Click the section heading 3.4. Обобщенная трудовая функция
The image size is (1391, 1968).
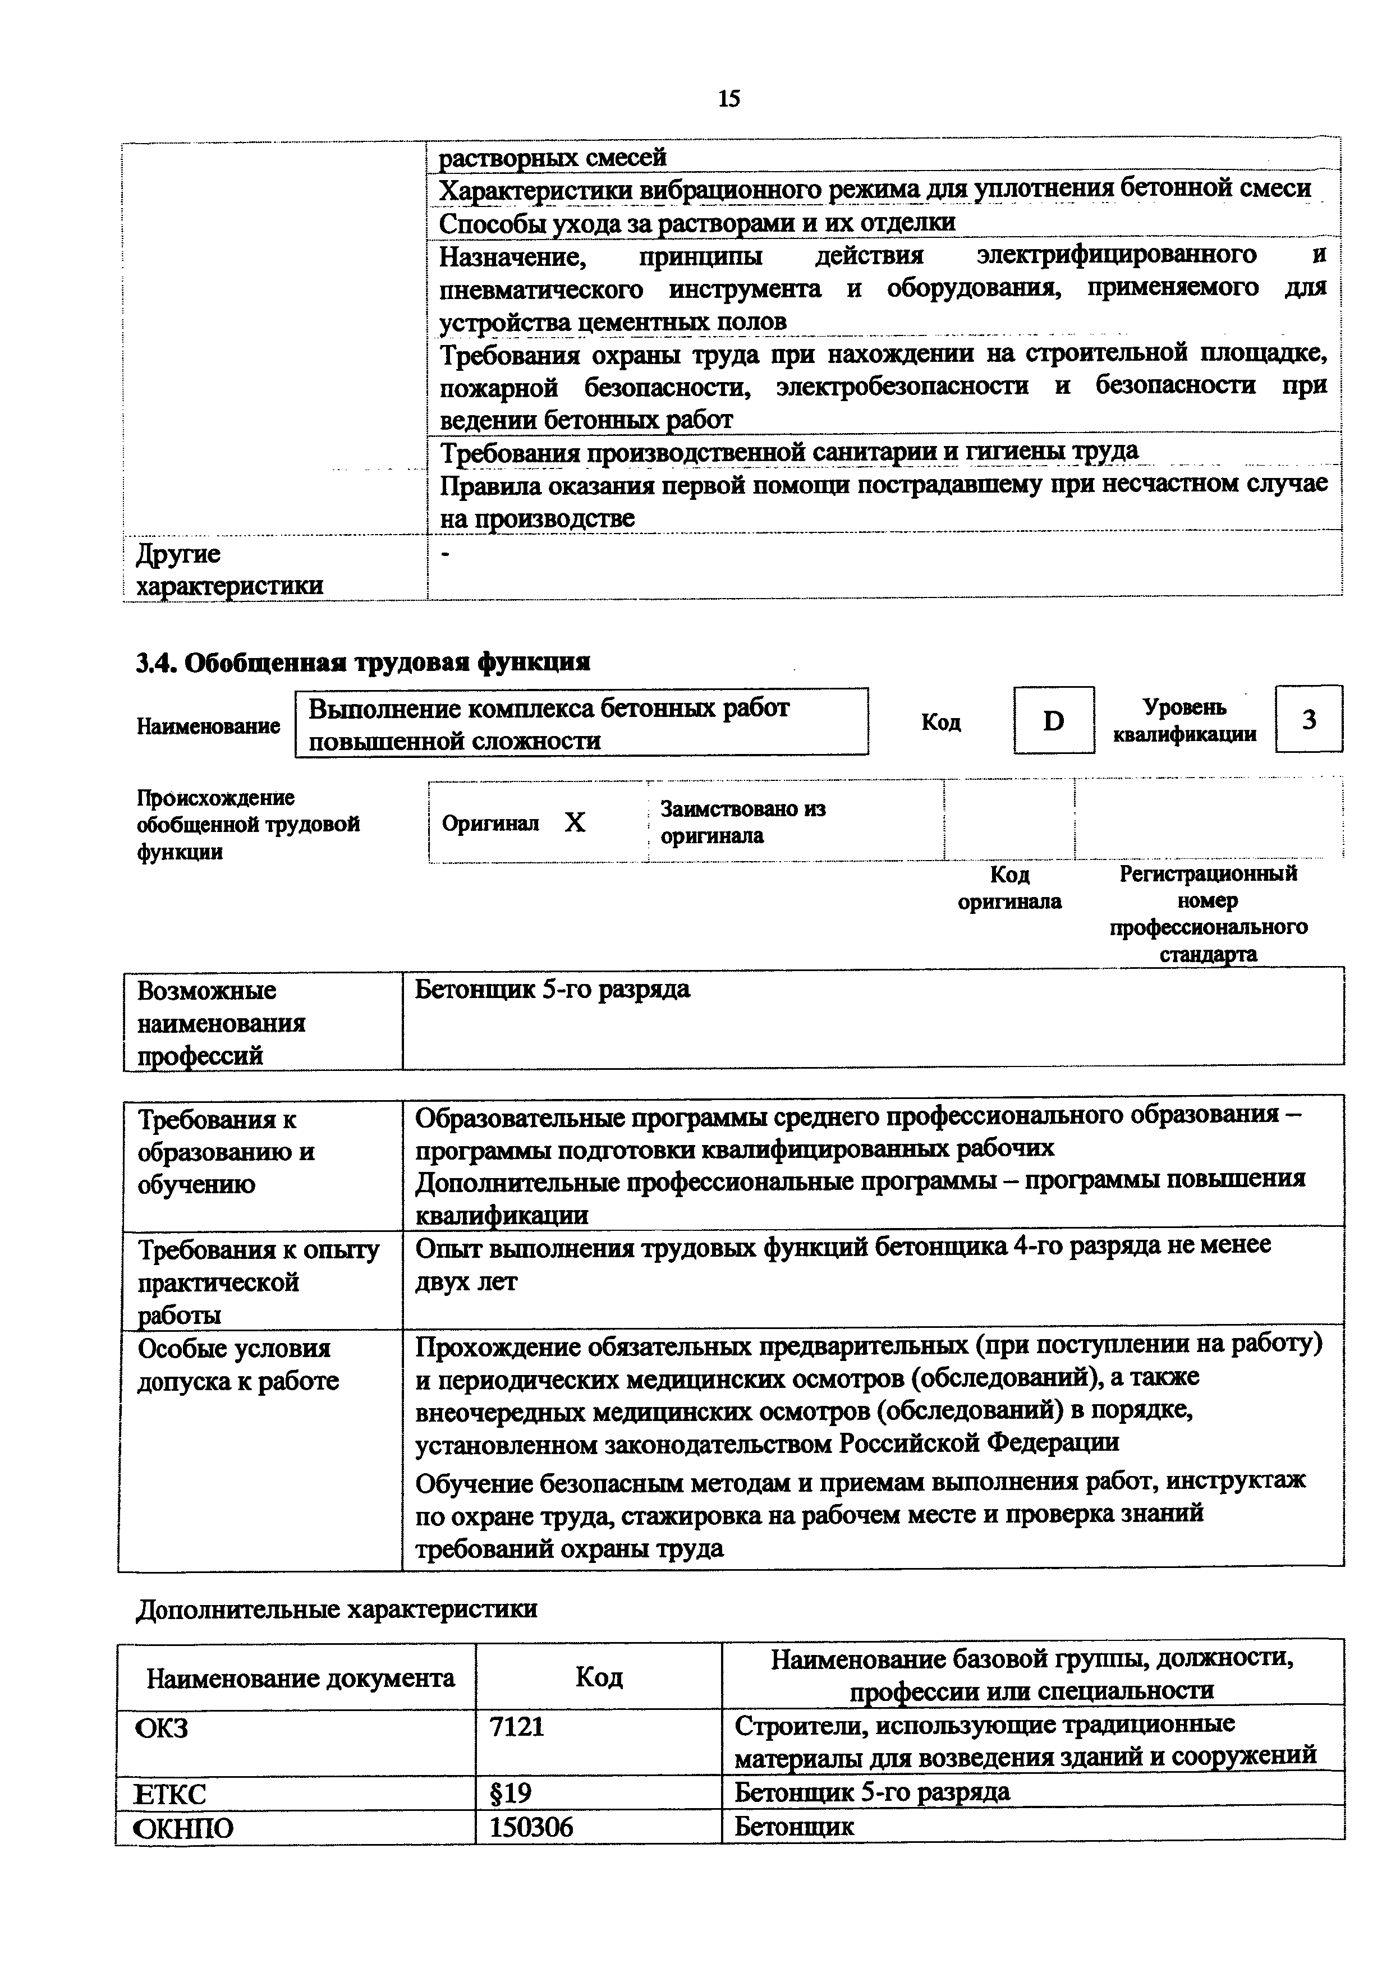pos(364,663)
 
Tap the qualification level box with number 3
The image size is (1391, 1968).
pos(1309,720)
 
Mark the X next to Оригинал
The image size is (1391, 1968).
pos(575,823)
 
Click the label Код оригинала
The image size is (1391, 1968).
pos(1009,888)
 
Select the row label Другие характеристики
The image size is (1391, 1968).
pos(229,570)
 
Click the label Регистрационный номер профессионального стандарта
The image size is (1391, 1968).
pos(1208,914)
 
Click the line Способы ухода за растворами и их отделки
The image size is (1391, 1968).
pos(697,223)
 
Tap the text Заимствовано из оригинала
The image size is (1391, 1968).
pos(742,822)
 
